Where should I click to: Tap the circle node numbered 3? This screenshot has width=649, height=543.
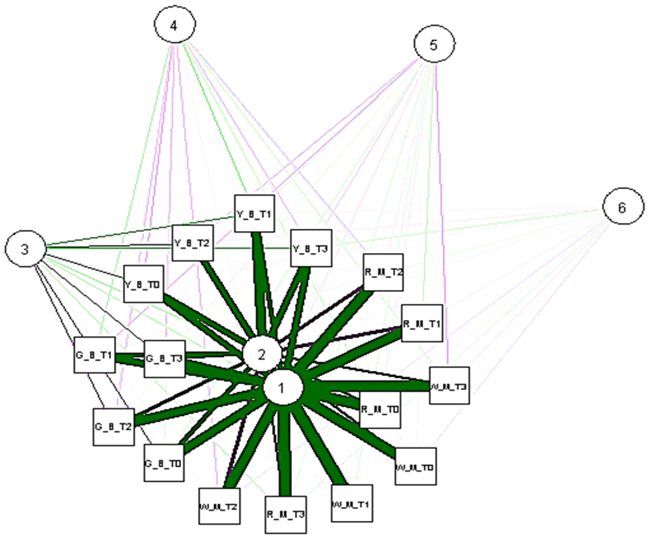coord(25,249)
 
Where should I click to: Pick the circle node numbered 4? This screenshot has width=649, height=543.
coord(174,26)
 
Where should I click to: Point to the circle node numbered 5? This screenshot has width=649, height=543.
coord(433,46)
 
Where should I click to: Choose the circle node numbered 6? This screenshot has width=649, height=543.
coord(622,208)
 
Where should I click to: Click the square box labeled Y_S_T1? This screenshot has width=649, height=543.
coord(255,215)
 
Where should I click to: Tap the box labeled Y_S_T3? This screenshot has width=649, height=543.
coord(310,249)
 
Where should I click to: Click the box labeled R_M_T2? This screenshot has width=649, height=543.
coord(383,272)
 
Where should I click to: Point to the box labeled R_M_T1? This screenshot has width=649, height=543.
coord(422,323)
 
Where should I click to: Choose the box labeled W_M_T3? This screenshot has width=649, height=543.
coord(449,386)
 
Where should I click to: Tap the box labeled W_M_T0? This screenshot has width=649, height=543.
coord(415,466)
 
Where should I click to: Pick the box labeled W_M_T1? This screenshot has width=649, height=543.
coord(351,505)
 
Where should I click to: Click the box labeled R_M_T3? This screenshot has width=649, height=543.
coord(286,514)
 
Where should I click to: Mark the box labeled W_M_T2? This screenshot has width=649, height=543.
coord(219,507)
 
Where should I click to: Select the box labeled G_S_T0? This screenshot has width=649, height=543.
coord(163,463)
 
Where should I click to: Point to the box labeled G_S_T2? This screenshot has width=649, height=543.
coord(113,426)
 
